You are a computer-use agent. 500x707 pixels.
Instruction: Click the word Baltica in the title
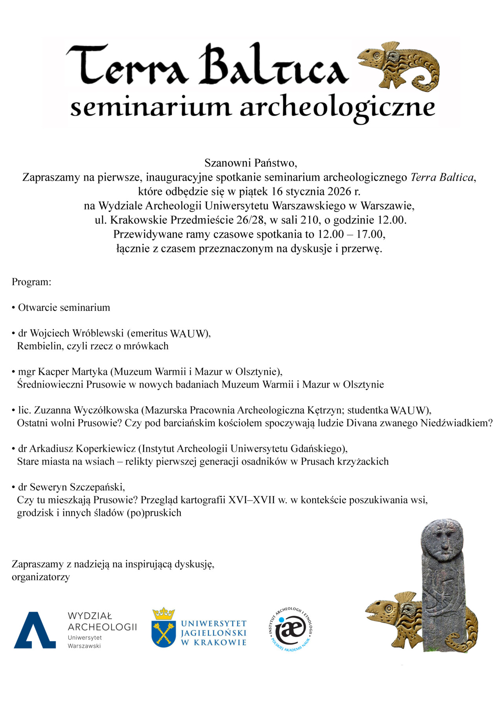(x=273, y=65)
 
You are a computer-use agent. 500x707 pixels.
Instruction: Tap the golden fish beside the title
(x=398, y=65)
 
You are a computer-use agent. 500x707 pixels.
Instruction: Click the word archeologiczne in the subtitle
(x=338, y=108)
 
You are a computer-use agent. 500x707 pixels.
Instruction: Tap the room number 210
(x=309, y=220)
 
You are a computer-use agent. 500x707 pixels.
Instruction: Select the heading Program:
(x=31, y=282)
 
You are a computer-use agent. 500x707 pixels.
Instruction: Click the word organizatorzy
(x=41, y=577)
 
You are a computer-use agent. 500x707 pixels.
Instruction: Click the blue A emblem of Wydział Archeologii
(x=35, y=630)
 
